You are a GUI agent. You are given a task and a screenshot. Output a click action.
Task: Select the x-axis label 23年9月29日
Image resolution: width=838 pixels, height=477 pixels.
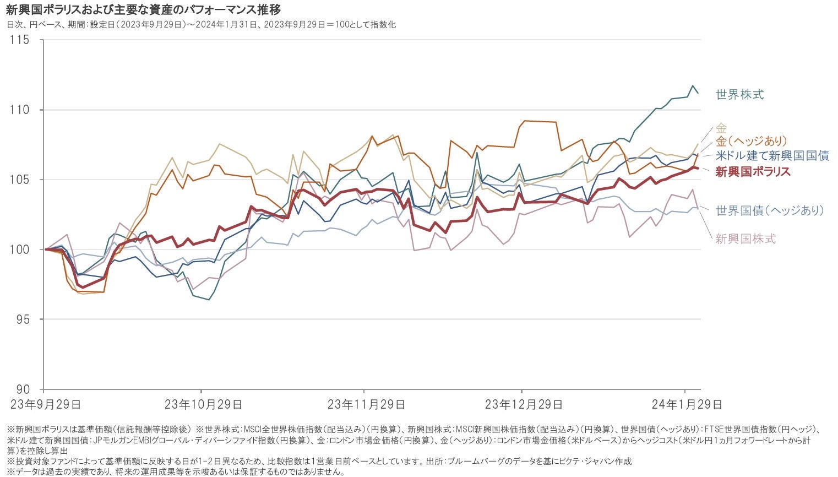coord(46,405)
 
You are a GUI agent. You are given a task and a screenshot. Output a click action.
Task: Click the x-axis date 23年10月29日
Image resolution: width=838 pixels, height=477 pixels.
coord(203,405)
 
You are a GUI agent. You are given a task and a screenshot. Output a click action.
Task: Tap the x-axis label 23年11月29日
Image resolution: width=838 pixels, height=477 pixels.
coord(366,405)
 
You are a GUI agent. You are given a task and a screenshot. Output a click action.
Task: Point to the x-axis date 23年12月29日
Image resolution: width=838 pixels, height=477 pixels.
coord(524,405)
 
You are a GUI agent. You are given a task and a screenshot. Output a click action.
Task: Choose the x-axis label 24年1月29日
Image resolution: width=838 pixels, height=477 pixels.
coord(687,405)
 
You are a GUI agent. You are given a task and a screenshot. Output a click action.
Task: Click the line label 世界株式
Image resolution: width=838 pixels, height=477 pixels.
coord(739,95)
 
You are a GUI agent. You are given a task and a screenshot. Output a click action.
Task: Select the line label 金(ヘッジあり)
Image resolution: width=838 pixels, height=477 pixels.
coord(751,142)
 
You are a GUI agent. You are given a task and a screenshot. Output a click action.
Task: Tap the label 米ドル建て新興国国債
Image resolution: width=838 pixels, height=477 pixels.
coord(772,156)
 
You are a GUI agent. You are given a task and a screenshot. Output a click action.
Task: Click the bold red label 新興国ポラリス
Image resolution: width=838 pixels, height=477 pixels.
coord(753,171)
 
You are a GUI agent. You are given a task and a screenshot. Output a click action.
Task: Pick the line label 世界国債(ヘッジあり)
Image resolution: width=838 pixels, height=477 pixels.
coord(769,210)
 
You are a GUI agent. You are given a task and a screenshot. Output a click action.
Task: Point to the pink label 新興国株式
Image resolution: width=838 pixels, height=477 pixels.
coord(746,239)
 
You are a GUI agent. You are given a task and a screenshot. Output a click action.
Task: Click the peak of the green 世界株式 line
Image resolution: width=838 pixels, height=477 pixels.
coord(693,86)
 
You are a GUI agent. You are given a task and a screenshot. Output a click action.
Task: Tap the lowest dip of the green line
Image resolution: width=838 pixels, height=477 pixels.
coord(209,300)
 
